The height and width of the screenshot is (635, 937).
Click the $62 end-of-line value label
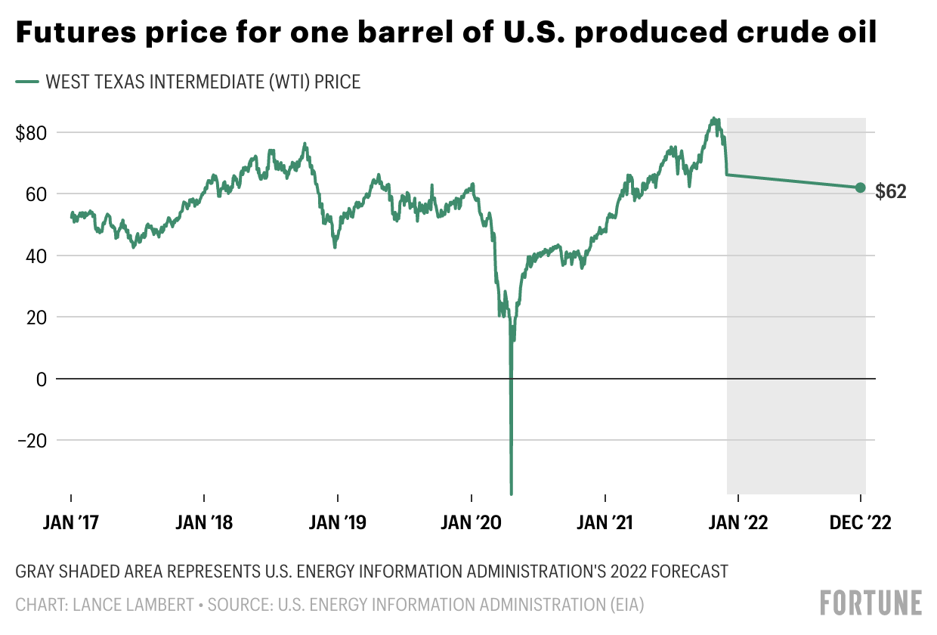(x=891, y=192)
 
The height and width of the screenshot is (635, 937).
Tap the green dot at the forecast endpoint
(x=860, y=187)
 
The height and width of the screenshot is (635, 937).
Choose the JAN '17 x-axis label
(x=72, y=523)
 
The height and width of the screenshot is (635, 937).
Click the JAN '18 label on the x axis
(x=205, y=523)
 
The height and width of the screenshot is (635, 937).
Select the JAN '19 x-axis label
(x=338, y=523)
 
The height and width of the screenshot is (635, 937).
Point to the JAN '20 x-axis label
(x=472, y=523)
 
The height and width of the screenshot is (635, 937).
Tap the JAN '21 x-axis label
(x=605, y=523)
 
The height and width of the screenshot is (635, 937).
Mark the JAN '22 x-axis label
(x=738, y=523)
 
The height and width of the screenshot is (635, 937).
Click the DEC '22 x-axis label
(x=860, y=523)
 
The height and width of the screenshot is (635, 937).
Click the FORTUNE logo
(x=871, y=603)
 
